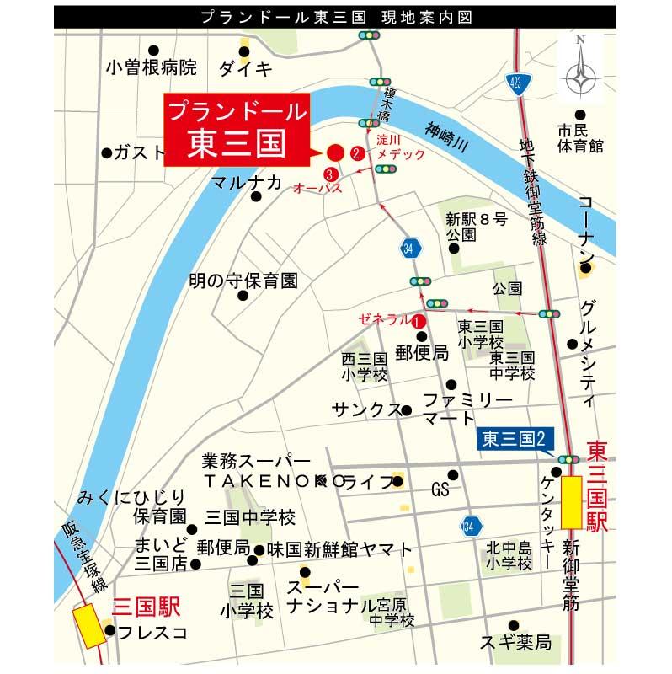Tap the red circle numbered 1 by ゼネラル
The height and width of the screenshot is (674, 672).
coord(419,320)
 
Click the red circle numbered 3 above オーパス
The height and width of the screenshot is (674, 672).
coord(316,174)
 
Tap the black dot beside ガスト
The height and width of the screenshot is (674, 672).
coord(107,152)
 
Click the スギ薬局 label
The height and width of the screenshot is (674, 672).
coord(515,643)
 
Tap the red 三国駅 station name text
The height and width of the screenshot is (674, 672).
coord(147,607)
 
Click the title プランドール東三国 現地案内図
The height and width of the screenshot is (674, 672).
coord(335,16)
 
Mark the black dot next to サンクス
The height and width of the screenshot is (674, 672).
coord(407,410)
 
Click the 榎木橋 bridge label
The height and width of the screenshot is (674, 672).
coord(387,104)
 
